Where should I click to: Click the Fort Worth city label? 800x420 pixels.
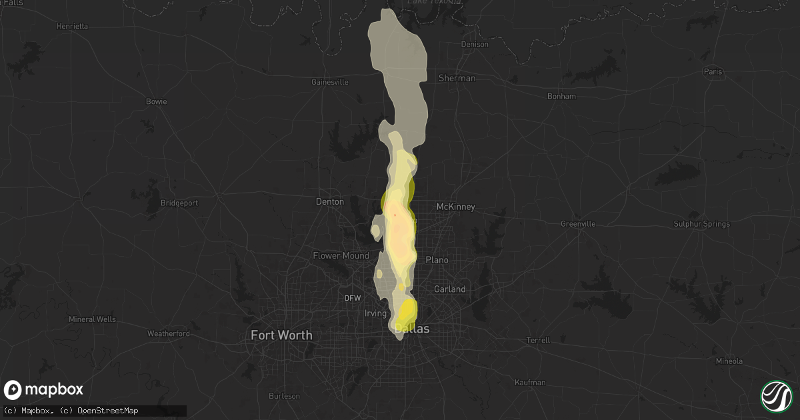[281, 335]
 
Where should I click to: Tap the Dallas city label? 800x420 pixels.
[412, 329]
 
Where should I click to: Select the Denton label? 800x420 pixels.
[329, 201]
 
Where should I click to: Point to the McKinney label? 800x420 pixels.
[455, 207]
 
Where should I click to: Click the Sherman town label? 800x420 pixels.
[457, 78]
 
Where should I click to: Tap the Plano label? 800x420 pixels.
[437, 259]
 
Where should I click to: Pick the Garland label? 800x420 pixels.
[449, 289]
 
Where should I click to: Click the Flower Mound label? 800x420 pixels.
[341, 255]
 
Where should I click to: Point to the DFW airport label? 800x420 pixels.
[352, 298]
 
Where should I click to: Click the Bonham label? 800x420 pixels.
[561, 96]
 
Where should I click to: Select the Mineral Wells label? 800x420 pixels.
[92, 319]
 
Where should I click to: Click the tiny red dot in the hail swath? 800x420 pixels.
[395, 215]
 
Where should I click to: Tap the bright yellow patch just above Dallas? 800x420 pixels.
[407, 310]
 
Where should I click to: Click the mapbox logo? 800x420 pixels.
[44, 390]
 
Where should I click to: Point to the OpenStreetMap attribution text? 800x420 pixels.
[108, 411]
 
